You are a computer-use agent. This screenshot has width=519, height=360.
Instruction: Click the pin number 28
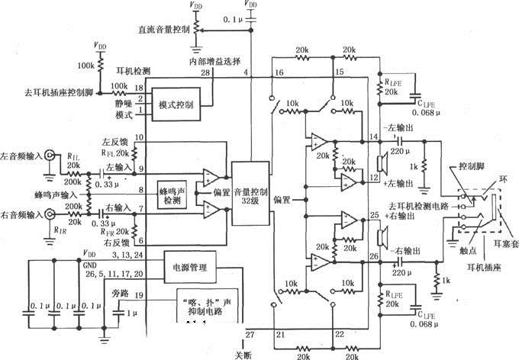point(205,72)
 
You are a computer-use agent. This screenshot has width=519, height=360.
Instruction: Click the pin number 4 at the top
point(246,72)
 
